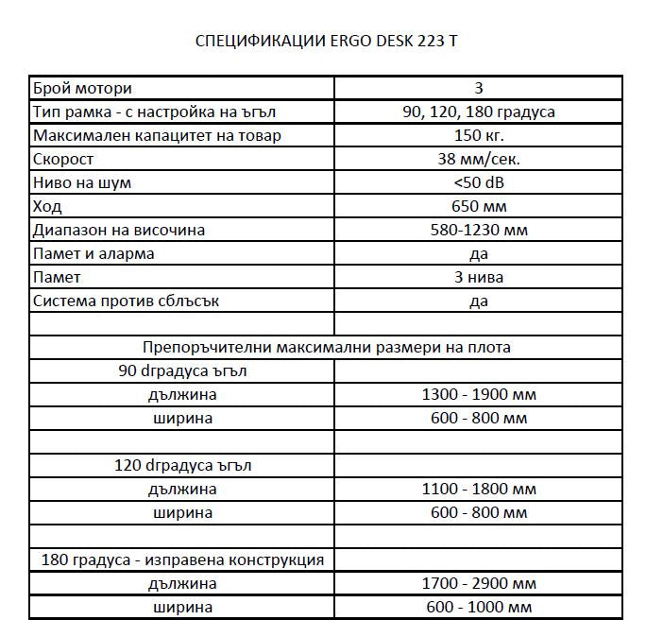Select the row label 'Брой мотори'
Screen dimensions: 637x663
coord(82,89)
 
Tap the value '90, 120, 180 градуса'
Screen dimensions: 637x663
coord(478,112)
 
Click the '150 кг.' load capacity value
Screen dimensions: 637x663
coord(478,136)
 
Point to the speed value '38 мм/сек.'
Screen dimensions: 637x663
coord(478,160)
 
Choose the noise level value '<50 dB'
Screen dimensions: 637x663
coord(478,183)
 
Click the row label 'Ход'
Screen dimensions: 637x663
coord(47,207)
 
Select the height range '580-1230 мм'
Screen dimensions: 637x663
coord(478,231)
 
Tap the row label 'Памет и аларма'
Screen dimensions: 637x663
coord(93,254)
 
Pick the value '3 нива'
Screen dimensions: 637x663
coord(478,278)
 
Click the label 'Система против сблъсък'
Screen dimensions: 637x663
coord(118,301)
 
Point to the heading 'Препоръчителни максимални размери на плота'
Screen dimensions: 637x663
coord(327,348)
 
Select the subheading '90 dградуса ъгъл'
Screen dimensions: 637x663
coord(182,371)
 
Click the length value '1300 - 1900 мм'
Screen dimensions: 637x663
coord(478,395)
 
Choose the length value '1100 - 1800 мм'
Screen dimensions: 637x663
coord(478,490)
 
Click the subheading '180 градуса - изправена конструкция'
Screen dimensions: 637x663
coord(182,560)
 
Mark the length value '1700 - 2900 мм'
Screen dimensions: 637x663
coord(478,583)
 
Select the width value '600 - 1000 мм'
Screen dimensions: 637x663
coord(478,607)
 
